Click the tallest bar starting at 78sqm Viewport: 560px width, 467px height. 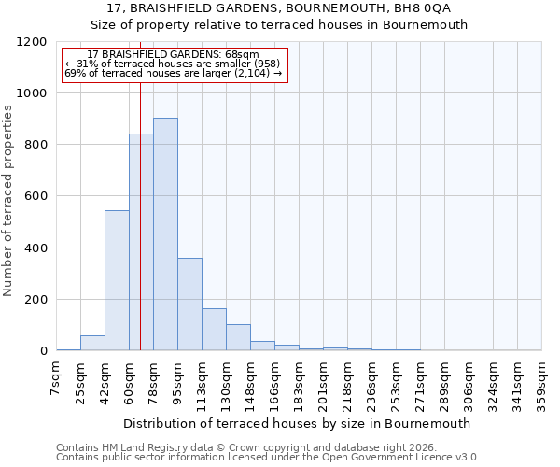click(x=165, y=233)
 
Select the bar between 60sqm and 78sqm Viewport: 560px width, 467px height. click(x=141, y=242)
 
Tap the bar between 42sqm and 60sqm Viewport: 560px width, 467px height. click(x=117, y=280)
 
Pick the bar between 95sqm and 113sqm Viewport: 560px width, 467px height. click(x=189, y=304)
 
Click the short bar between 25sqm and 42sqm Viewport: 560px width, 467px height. click(x=92, y=343)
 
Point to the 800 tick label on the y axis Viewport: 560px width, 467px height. click(x=36, y=145)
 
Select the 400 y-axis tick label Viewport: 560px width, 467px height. click(x=36, y=248)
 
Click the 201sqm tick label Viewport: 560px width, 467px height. click(x=323, y=383)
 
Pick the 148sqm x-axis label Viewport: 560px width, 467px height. click(x=250, y=383)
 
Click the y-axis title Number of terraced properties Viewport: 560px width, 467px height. click(x=8, y=201)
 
